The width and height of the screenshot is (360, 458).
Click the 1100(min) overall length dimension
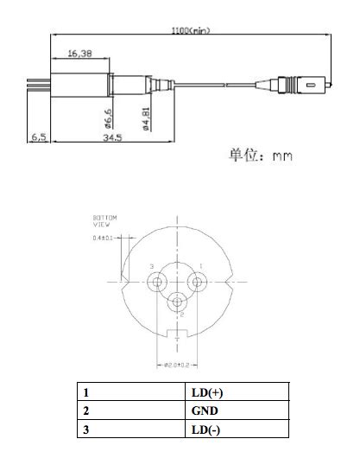pyautogui.click(x=191, y=30)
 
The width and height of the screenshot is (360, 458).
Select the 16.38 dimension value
pyautogui.click(x=80, y=54)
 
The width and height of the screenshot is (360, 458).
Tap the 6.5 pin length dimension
pyautogui.click(x=39, y=137)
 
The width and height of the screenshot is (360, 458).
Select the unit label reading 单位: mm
pyautogui.click(x=260, y=156)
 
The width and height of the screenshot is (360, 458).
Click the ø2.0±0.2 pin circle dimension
pyautogui.click(x=178, y=365)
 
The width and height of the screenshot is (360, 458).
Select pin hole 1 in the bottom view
pyautogui.click(x=197, y=281)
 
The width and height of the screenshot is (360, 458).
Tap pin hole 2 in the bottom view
pyautogui.click(x=178, y=302)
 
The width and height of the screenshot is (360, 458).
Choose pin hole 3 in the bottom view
pyautogui.click(x=158, y=281)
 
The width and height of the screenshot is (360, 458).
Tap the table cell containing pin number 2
pyautogui.click(x=130, y=411)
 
